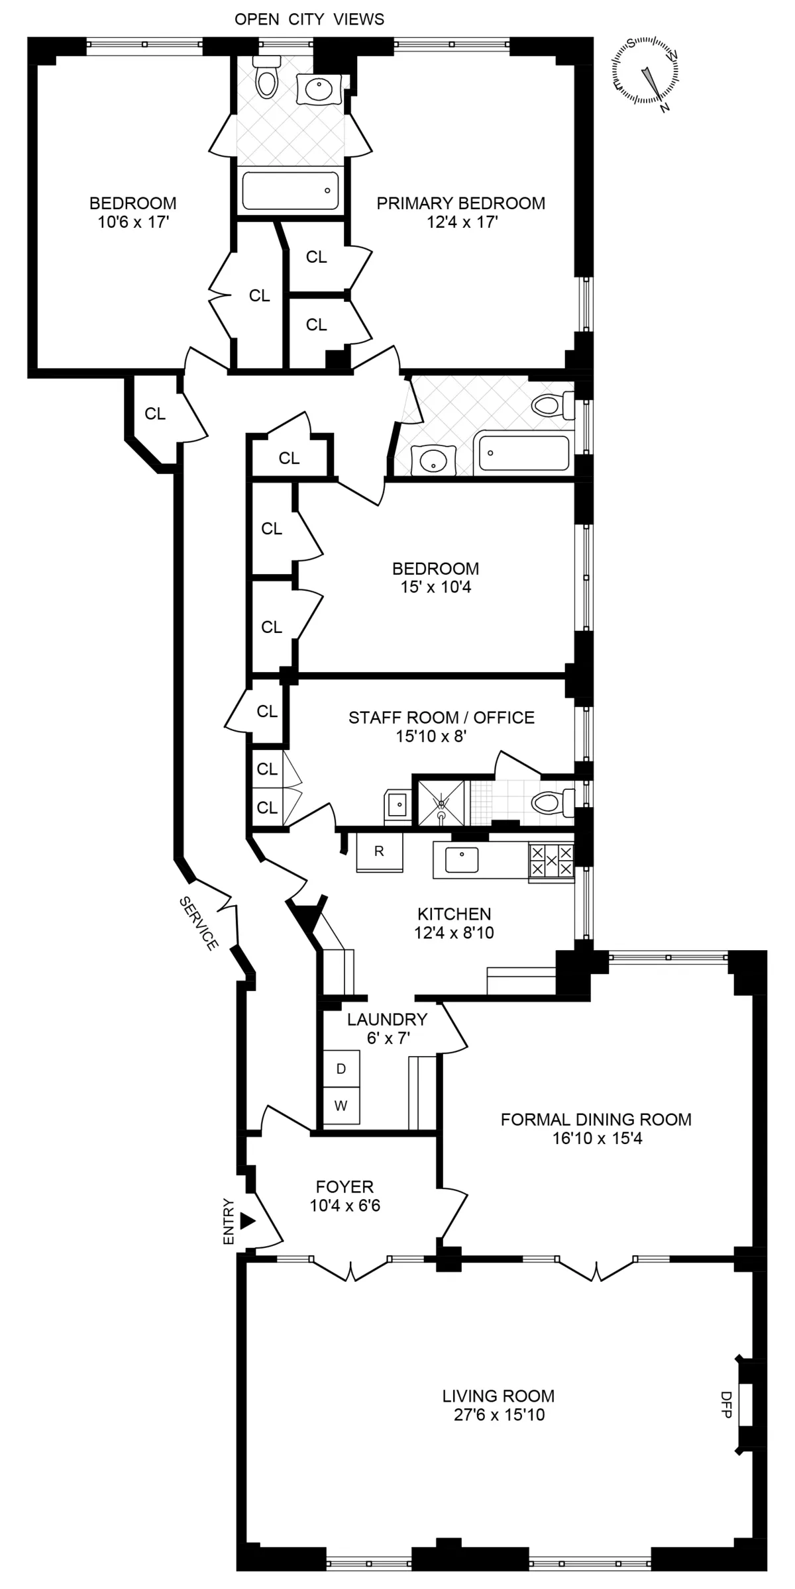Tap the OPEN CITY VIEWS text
pyautogui.click(x=309, y=19)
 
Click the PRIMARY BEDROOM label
pyautogui.click(x=461, y=203)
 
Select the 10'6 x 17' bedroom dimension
pyautogui.click(x=134, y=222)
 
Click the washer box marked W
pyautogui.click(x=341, y=1106)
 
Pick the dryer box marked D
pyautogui.click(x=341, y=1069)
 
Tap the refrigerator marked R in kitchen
pyautogui.click(x=379, y=852)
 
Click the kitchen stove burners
pyautogui.click(x=551, y=861)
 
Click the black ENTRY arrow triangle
pyautogui.click(x=247, y=1220)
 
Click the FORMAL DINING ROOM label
pyautogui.click(x=596, y=1120)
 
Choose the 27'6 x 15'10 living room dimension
pyautogui.click(x=498, y=1415)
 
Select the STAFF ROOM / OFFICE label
pyautogui.click(x=441, y=717)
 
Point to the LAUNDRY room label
pyautogui.click(x=387, y=1019)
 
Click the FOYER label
pyautogui.click(x=344, y=1186)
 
